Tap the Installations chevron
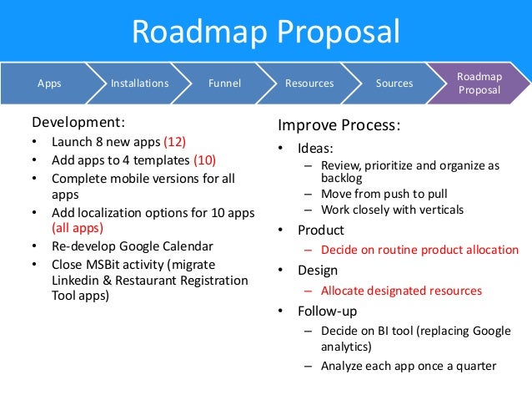click(139, 84)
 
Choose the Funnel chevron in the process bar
click(225, 84)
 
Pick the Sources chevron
click(394, 84)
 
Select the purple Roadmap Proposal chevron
click(479, 84)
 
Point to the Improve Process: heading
click(339, 126)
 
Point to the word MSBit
click(104, 265)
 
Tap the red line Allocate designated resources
click(401, 291)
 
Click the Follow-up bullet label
click(328, 311)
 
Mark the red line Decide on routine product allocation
click(419, 250)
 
